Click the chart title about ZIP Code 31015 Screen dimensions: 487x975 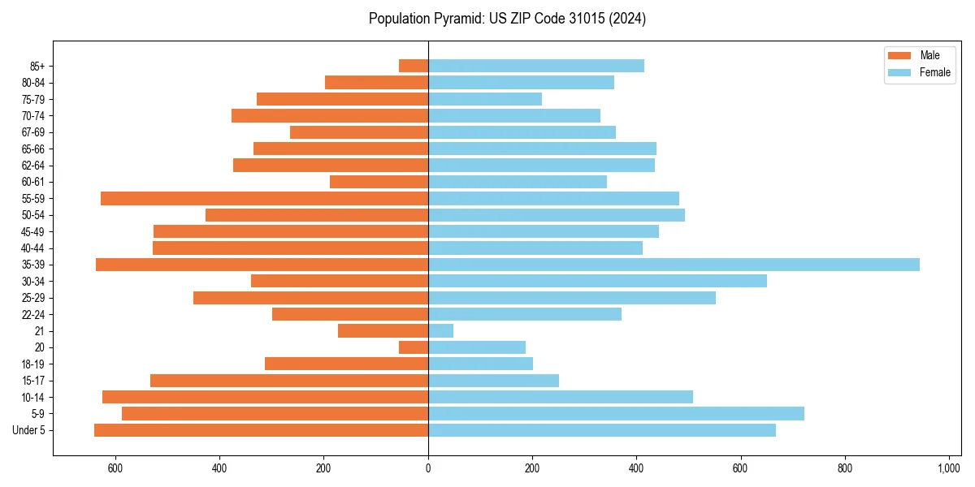pos(507,19)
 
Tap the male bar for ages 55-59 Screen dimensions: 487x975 pos(264,198)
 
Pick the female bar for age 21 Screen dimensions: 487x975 pos(440,330)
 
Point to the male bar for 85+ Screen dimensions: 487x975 pos(414,66)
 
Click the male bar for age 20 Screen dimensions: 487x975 pos(414,347)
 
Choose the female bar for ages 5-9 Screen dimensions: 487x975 pos(616,413)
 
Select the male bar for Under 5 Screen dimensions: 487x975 pos(261,430)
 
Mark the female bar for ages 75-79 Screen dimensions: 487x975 pos(485,99)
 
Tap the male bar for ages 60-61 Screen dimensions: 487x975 pos(379,182)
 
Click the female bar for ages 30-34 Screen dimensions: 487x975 pos(597,281)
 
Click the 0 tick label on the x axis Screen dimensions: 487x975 pos(428,468)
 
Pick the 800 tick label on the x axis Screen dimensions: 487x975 pos(845,468)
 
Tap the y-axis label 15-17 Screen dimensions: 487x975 pos(33,381)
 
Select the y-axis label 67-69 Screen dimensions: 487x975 pos(33,132)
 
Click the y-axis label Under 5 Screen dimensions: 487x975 pos(29,430)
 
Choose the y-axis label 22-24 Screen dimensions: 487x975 pos(33,314)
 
